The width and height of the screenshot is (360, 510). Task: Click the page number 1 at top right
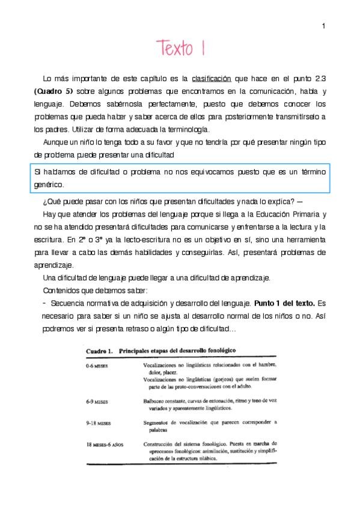click(323, 25)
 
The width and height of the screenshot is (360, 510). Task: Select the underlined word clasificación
click(212, 79)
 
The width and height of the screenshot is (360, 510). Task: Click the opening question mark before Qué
click(45, 201)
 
